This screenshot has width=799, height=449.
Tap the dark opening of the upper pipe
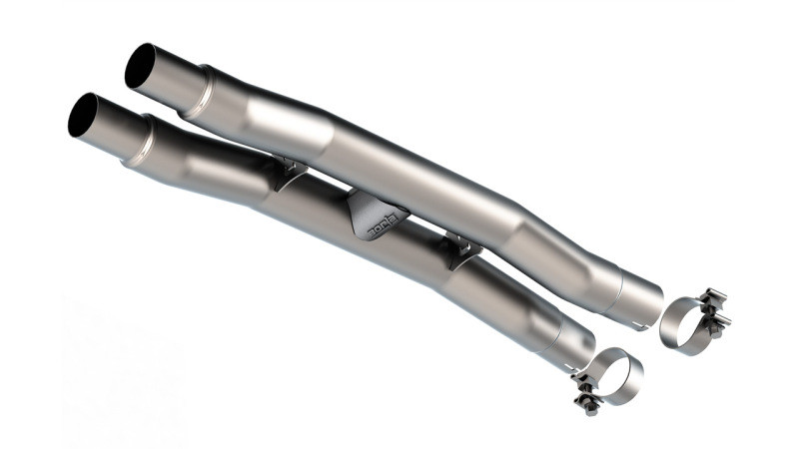141,66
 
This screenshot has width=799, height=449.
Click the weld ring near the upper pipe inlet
203,88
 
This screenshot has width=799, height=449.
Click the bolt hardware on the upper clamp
715,310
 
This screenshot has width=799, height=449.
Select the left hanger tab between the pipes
290,174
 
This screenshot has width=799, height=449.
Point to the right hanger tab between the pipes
461,249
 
